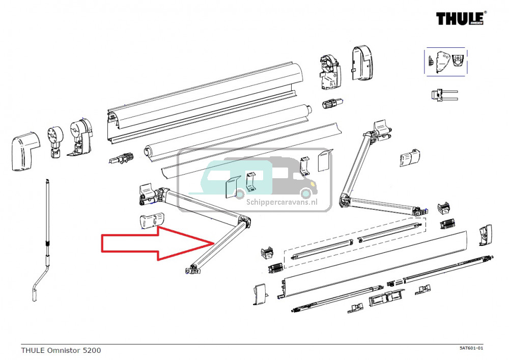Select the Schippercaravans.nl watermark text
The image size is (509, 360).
281,202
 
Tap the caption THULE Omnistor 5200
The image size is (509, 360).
61,350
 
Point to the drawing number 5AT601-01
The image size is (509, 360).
471,348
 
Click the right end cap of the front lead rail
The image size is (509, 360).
482,233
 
